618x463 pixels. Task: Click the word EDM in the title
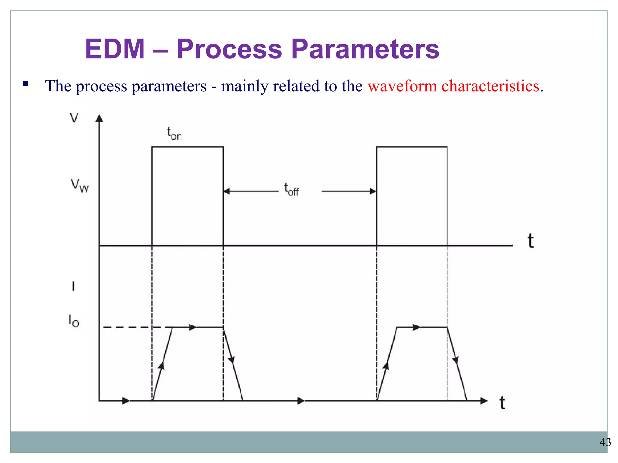[115, 49]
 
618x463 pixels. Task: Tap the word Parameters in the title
[365, 49]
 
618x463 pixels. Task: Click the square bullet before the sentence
[25, 83]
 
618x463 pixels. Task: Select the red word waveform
[402, 86]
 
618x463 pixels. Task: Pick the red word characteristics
[490, 86]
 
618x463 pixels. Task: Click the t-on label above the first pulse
[174, 133]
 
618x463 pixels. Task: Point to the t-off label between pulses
[291, 189]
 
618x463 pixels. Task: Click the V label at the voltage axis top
[74, 118]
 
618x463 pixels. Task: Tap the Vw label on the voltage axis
[79, 185]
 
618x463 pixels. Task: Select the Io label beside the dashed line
[74, 321]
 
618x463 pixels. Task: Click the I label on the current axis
[73, 286]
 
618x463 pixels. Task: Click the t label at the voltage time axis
[530, 241]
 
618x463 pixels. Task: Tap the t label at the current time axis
[502, 403]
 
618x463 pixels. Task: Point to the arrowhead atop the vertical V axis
[99, 118]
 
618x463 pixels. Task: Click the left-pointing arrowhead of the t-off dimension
[227, 191]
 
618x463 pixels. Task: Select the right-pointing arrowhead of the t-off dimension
[373, 191]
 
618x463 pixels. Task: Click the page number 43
[605, 442]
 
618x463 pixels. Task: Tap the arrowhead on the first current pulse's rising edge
[162, 365]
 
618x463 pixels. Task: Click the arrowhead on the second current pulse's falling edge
[455, 360]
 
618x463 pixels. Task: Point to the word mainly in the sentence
[244, 86]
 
